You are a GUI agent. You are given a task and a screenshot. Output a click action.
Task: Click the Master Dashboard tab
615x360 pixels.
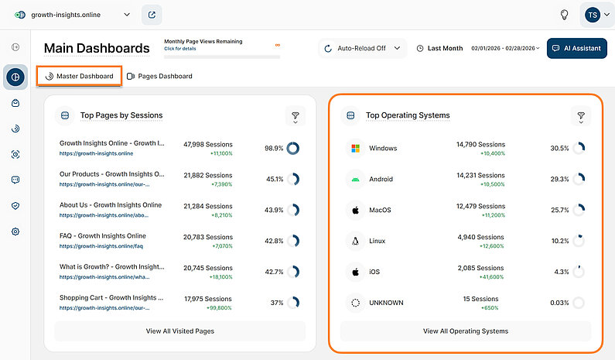pyautogui.click(x=80, y=76)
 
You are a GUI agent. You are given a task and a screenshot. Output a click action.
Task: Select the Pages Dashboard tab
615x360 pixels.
pyautogui.click(x=159, y=76)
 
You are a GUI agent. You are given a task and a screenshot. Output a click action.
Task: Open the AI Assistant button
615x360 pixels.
pyautogui.click(x=577, y=48)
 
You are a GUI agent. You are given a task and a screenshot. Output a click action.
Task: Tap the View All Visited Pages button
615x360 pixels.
pyautogui.click(x=179, y=331)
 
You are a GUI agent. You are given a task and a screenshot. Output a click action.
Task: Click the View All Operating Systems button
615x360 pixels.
pyautogui.click(x=466, y=331)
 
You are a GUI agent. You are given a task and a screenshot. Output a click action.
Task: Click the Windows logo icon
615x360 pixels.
pyautogui.click(x=355, y=148)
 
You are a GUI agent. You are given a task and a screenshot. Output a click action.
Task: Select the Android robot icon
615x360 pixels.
pyautogui.click(x=355, y=179)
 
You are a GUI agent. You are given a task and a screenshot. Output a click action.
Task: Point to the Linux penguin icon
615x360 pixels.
pyautogui.click(x=355, y=241)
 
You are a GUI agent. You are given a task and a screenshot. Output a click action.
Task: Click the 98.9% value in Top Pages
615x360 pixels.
pyautogui.click(x=274, y=148)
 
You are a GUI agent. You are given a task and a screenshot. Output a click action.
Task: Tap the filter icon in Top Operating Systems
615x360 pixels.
pyautogui.click(x=580, y=116)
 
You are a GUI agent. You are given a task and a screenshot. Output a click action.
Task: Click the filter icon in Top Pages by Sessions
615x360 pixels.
pyautogui.click(x=295, y=116)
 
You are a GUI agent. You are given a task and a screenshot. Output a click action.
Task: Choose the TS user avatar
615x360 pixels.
pyautogui.click(x=592, y=15)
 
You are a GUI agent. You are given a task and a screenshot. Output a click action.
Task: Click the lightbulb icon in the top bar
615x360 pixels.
pyautogui.click(x=565, y=15)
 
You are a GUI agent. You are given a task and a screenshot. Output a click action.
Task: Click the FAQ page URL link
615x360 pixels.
pyautogui.click(x=102, y=246)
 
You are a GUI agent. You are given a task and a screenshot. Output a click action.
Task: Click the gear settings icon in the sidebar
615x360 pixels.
pyautogui.click(x=15, y=231)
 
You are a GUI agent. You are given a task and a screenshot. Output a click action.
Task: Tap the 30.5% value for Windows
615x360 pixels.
pyautogui.click(x=559, y=148)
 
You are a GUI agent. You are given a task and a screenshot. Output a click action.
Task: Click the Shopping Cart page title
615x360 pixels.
pyautogui.click(x=111, y=297)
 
